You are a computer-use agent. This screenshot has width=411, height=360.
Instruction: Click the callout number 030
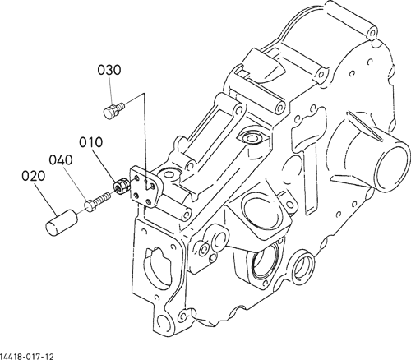click(x=109, y=70)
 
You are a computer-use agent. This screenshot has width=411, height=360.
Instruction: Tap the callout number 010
click(x=91, y=142)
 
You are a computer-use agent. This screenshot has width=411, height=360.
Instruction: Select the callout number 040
click(x=61, y=160)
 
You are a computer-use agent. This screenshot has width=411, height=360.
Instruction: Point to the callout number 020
click(x=33, y=176)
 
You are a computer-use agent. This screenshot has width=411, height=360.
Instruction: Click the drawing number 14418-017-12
click(x=27, y=357)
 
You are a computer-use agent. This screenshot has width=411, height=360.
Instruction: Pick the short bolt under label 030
click(x=114, y=109)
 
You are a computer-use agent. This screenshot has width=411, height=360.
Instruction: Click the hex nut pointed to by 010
click(x=120, y=187)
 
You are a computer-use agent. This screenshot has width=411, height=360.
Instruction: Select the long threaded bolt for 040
click(x=98, y=202)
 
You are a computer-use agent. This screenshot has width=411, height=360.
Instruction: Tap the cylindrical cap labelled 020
click(x=62, y=223)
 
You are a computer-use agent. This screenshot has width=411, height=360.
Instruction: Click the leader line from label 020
click(x=45, y=198)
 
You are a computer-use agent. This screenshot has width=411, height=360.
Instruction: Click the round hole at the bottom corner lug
click(x=164, y=322)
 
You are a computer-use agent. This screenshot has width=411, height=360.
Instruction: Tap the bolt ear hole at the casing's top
click(x=371, y=33)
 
